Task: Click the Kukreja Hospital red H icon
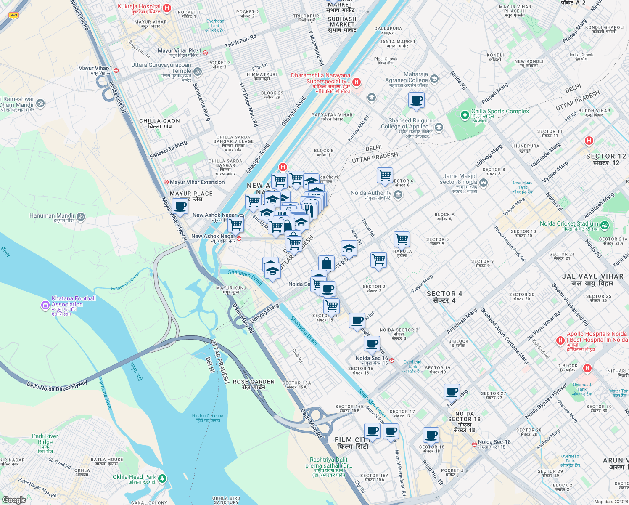167,8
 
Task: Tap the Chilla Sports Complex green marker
465,115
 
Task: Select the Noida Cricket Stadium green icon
605,225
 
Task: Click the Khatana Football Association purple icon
45,305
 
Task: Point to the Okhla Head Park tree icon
162,478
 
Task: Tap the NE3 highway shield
13,16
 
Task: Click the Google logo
14,500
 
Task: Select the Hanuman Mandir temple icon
81,217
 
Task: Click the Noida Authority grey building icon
399,194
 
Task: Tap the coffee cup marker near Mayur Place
180,207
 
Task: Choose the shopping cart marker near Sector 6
385,175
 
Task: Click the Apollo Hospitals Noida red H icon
560,340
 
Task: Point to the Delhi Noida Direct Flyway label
57,386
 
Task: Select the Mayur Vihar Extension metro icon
166,182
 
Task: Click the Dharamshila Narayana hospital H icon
357,82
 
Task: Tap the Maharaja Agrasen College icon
434,79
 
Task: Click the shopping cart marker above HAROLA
402,239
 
